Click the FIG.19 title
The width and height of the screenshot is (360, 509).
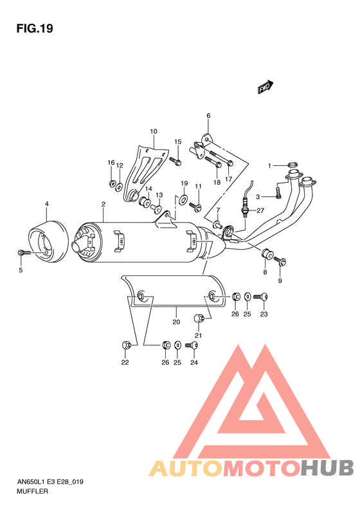34,28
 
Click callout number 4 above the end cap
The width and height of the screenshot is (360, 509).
46,205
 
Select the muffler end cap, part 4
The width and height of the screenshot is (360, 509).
47,241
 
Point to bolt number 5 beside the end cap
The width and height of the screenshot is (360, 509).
23,254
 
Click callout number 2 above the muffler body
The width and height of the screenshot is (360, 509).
102,205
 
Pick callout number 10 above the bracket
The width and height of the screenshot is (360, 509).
153,132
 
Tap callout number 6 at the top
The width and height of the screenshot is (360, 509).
208,116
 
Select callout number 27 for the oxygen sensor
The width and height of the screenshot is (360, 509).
261,210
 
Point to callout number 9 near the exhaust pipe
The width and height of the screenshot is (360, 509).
280,281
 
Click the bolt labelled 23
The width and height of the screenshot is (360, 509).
262,297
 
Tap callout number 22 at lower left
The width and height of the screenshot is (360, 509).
125,363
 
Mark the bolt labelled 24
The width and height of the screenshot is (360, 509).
192,346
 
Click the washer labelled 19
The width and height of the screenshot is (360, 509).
183,199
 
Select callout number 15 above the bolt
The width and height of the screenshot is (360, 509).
177,142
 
